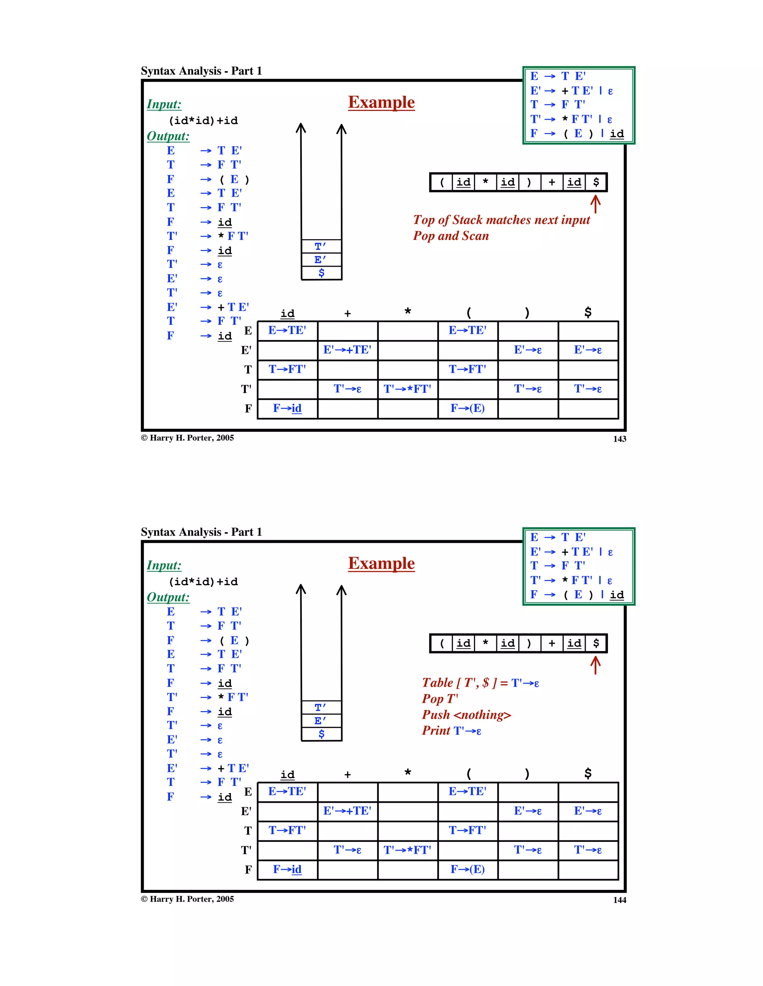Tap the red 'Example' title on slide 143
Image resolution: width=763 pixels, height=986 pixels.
coord(381,102)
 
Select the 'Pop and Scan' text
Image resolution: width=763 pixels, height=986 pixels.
coord(450,236)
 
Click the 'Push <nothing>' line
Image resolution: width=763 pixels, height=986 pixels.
coord(466,715)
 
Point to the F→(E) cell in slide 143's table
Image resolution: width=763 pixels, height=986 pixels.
coord(467,409)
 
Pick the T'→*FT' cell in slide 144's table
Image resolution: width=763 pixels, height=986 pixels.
coord(407,850)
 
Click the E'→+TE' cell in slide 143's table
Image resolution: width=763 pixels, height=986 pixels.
coord(347,350)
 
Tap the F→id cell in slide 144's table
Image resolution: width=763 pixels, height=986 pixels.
coord(287,869)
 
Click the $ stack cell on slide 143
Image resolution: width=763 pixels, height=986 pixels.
coord(321,273)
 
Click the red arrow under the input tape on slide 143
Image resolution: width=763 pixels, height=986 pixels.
coord(595,204)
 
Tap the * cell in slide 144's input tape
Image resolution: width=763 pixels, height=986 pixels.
coord(485,643)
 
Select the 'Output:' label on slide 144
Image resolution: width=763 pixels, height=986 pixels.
coord(168,597)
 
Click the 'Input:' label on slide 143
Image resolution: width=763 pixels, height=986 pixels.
coord(164,104)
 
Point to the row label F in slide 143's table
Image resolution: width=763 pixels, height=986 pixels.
coord(248,409)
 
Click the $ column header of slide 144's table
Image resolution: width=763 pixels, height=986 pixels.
coord(588,773)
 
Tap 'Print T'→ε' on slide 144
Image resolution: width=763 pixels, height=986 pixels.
coord(452,730)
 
